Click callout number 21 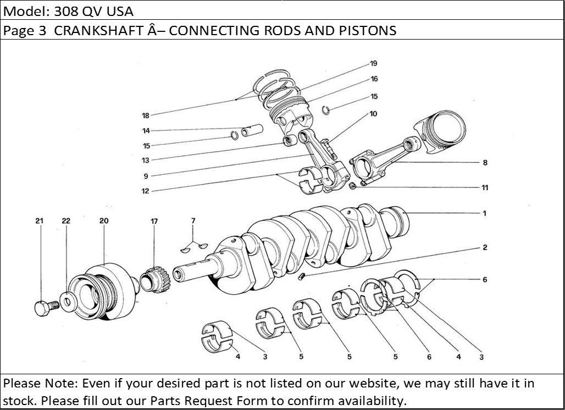[39, 221]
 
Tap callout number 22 [66, 221]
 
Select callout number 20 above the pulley [104, 221]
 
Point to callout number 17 [154, 221]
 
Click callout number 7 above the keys [193, 221]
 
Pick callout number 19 [373, 63]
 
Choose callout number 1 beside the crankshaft [484, 213]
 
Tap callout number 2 [485, 247]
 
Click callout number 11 [485, 187]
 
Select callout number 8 [485, 163]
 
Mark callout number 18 [146, 115]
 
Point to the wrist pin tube [253, 131]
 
